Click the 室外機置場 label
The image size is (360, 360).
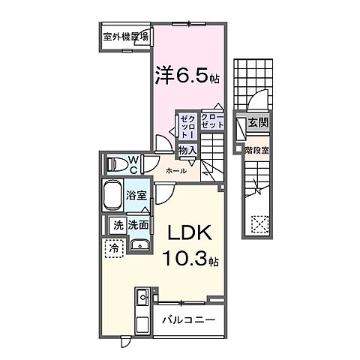124,36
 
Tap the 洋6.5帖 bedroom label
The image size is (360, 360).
187,75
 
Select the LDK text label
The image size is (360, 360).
189,232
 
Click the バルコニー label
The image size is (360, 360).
188,319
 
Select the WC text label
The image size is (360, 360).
131,163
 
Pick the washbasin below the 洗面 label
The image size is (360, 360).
138,244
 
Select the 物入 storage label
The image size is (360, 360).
187,151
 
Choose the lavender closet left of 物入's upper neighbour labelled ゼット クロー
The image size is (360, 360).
186,125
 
